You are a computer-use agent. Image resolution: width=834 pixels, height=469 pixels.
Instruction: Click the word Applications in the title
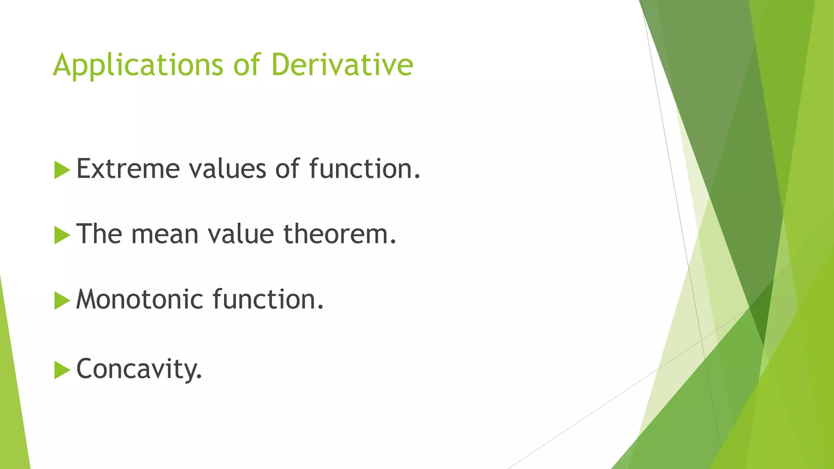click(138, 65)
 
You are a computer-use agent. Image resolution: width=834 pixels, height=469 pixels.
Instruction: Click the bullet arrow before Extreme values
click(61, 170)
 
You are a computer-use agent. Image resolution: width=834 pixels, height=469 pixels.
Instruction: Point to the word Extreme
click(128, 169)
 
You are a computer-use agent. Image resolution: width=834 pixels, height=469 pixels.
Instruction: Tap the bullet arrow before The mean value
click(61, 235)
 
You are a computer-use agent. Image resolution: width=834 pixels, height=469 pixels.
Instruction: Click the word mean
click(165, 235)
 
